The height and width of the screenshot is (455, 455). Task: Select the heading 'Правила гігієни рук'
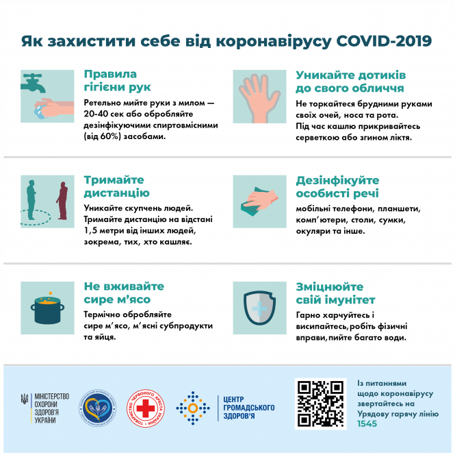109,81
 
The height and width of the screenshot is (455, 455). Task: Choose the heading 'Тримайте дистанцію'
116,186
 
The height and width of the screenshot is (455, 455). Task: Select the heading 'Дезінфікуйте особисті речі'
337,186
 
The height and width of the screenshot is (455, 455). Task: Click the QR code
320,404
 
